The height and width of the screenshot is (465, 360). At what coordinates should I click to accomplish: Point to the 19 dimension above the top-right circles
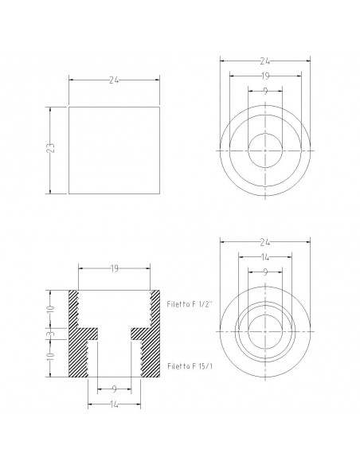264,76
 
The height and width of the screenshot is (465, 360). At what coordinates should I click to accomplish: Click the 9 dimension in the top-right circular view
264,92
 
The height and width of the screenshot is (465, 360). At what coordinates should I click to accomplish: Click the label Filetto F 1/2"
190,304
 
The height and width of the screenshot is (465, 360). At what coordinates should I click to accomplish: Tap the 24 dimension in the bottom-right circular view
264,240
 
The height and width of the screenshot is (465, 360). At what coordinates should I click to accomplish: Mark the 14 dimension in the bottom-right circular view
264,256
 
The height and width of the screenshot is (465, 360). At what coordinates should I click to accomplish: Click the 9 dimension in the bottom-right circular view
264,272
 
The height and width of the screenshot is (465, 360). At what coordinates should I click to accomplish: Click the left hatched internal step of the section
88,334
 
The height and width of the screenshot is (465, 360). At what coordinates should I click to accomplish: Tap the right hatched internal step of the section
139,334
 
